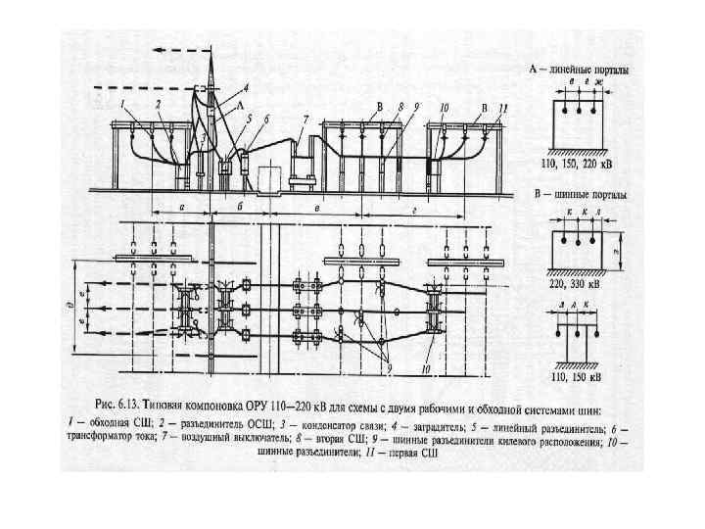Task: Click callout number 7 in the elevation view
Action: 305,118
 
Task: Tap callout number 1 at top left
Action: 122,103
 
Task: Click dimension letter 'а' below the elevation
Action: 183,208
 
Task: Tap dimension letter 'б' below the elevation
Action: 241,208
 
